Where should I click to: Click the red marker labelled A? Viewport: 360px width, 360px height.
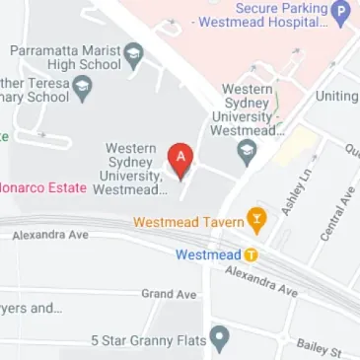click(x=180, y=157)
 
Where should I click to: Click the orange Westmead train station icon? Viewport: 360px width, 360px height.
click(x=251, y=254)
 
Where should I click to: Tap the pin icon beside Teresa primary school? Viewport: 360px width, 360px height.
click(x=83, y=91)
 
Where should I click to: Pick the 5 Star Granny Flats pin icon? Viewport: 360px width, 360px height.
click(x=220, y=340)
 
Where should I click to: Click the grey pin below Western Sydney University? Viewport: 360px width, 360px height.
click(x=247, y=152)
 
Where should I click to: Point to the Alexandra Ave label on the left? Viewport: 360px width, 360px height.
click(x=50, y=236)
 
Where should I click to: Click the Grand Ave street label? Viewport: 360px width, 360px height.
click(x=169, y=294)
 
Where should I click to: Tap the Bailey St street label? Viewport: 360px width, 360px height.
click(x=319, y=347)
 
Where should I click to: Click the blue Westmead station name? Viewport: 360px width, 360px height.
click(x=209, y=254)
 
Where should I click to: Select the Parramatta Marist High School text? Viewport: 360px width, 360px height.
click(x=65, y=56)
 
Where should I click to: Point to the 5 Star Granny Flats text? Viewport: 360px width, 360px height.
click(x=148, y=340)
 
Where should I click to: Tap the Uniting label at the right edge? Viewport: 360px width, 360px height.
click(x=336, y=97)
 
